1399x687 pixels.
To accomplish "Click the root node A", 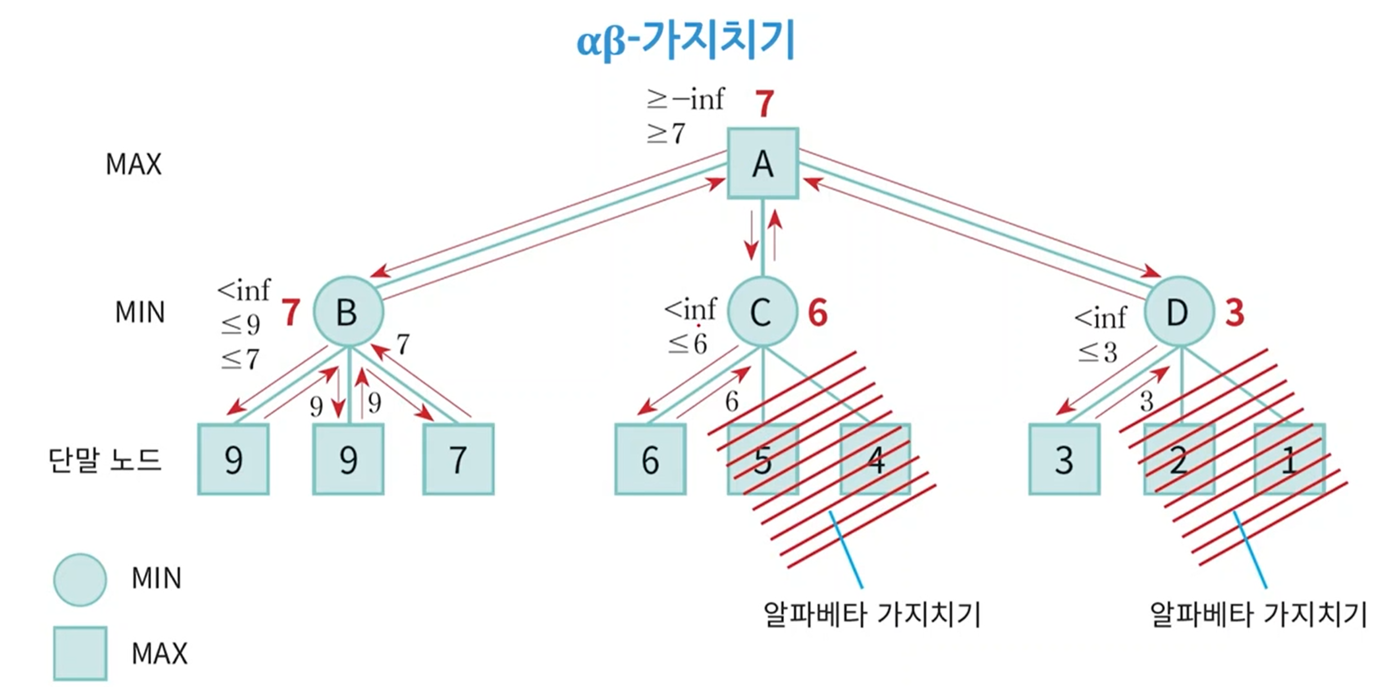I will [x=762, y=163].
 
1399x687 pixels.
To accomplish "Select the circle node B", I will [x=348, y=311].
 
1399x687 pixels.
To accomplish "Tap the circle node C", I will [x=762, y=311].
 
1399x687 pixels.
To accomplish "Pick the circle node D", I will [x=1178, y=311].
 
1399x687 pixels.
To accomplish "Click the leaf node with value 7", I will [x=458, y=459].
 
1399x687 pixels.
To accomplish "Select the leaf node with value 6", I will [x=650, y=459].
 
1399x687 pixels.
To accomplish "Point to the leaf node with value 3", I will [x=1064, y=459].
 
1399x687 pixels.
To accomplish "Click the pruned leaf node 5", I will [x=762, y=459].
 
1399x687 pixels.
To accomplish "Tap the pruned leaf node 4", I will [x=875, y=459].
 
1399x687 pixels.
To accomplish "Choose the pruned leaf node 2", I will [x=1178, y=459].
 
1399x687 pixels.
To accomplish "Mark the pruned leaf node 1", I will [x=1289, y=459].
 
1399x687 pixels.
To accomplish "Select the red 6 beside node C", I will [x=817, y=313].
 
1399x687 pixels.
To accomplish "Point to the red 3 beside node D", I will [x=1235, y=313].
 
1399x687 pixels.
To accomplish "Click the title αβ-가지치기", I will [x=685, y=39].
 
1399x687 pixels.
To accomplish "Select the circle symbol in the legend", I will [x=80, y=580].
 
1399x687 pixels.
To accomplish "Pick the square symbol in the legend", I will [x=80, y=653].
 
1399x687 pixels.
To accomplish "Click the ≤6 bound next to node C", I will [x=687, y=343].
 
